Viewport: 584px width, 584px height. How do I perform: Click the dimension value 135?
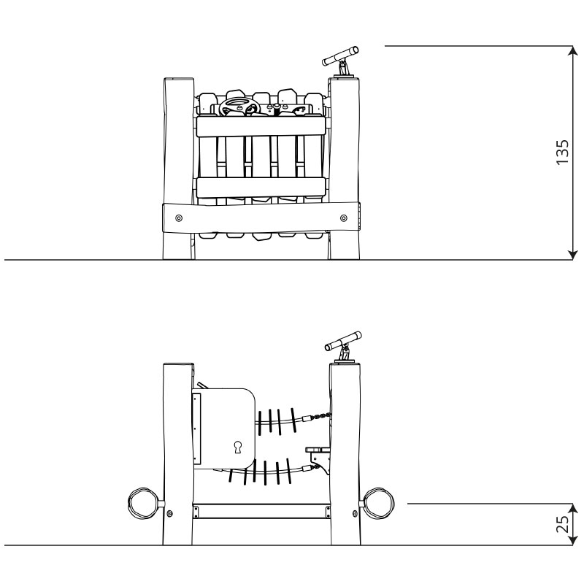coord(562,153)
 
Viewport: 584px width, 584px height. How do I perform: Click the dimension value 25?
coord(563,524)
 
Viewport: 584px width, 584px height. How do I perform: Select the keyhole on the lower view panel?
coord(238,447)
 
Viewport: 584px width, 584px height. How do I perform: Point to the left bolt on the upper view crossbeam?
coord(179,218)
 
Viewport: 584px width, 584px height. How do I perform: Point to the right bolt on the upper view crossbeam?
coord(343,218)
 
